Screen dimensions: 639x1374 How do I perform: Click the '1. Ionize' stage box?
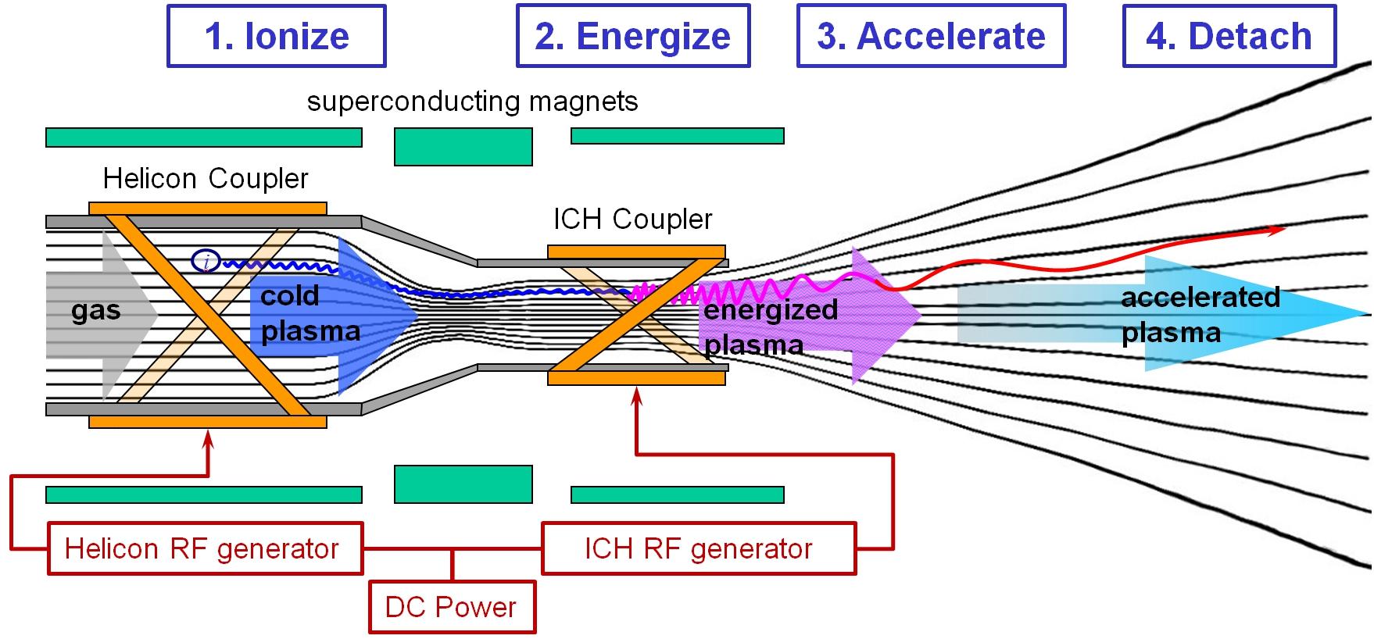(x=277, y=36)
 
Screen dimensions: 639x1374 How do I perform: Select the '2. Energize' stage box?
(x=633, y=36)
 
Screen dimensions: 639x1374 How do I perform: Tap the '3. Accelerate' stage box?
(x=931, y=36)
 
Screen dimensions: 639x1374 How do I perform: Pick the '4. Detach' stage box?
(x=1229, y=36)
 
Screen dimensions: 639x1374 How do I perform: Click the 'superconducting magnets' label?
(x=472, y=102)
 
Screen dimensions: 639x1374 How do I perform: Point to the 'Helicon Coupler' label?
(x=206, y=179)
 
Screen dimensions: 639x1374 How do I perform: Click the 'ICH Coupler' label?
(x=633, y=220)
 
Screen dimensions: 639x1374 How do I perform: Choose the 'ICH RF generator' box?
(x=699, y=548)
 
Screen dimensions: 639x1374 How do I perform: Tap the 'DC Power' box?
(x=452, y=607)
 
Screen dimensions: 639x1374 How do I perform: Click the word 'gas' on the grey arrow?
(x=96, y=311)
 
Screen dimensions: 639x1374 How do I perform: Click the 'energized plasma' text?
(x=771, y=327)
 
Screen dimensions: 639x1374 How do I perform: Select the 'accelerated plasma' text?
(x=1200, y=315)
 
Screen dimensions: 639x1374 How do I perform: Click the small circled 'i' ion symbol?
(x=206, y=262)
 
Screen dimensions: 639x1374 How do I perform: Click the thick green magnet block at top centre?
(x=463, y=147)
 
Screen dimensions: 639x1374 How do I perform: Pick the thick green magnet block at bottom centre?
(x=463, y=484)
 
